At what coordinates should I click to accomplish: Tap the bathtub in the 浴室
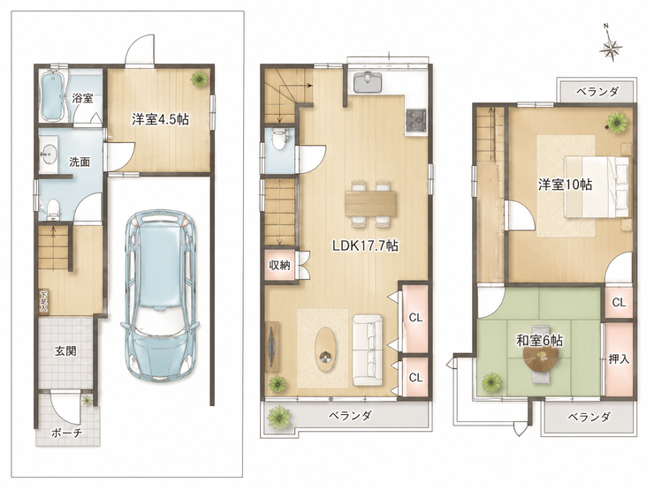[x=52, y=95]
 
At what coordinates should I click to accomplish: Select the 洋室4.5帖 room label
[x=160, y=119]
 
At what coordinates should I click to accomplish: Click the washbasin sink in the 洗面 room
[x=49, y=155]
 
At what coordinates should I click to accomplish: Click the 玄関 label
[x=66, y=351]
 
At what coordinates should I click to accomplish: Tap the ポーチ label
[x=67, y=433]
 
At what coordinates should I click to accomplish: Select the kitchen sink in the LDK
[x=368, y=82]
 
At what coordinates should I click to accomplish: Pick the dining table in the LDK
[x=370, y=204]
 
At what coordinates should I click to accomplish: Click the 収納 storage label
[x=279, y=265]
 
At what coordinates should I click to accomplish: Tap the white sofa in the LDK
[x=368, y=350]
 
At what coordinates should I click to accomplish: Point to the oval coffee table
[x=325, y=349]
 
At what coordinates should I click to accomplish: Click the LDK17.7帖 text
[x=365, y=245]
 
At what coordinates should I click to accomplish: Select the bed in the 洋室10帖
[x=597, y=186]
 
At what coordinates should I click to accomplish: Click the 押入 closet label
[x=619, y=358]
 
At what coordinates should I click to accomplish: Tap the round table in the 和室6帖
[x=542, y=359]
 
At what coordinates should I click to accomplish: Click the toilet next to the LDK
[x=278, y=139]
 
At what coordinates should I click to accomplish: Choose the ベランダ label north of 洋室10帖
[x=597, y=91]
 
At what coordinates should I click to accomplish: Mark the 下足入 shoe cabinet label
[x=43, y=301]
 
